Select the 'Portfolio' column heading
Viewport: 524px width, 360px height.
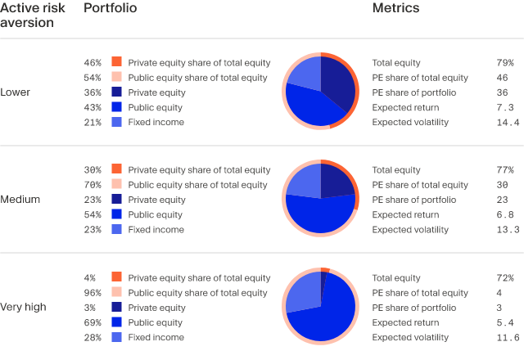[111, 8]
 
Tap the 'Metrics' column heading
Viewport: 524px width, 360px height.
[395, 8]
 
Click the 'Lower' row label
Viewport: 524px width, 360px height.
[15, 92]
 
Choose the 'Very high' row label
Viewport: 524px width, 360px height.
[23, 308]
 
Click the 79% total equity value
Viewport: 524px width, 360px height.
[505, 63]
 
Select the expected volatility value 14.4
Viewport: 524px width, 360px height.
[508, 123]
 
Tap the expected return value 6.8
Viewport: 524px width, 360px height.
[505, 215]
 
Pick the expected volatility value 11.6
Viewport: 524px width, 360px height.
[508, 338]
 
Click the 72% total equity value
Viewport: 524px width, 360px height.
[505, 278]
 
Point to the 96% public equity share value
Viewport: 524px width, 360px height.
[93, 293]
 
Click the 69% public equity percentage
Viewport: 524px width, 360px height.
[93, 323]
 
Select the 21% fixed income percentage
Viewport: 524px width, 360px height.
[93, 123]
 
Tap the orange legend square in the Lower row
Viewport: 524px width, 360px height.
[116, 62]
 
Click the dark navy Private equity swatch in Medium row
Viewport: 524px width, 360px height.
[116, 200]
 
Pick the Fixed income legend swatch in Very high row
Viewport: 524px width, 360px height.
[116, 337]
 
